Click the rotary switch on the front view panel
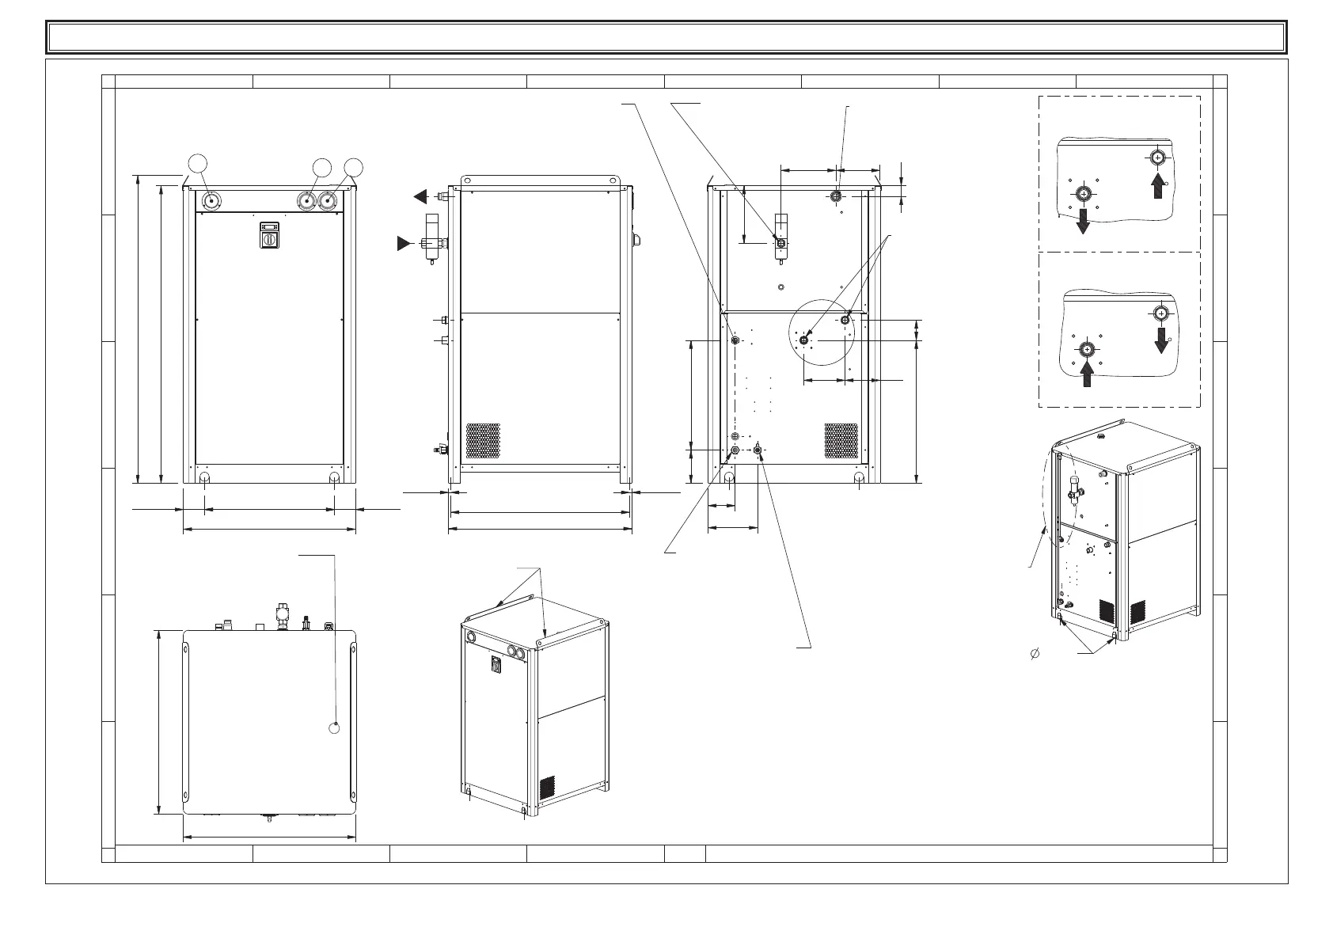(x=269, y=236)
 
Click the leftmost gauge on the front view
(x=211, y=201)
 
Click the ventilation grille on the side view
(x=483, y=440)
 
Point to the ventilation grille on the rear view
(x=841, y=440)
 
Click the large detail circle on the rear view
(x=825, y=332)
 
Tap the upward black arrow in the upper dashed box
(x=1157, y=187)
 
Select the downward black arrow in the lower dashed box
(x=1161, y=341)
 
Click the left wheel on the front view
(x=205, y=479)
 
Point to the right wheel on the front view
(x=334, y=479)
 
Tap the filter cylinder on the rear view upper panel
(x=781, y=235)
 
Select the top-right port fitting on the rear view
(x=837, y=196)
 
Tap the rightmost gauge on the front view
(x=329, y=201)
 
